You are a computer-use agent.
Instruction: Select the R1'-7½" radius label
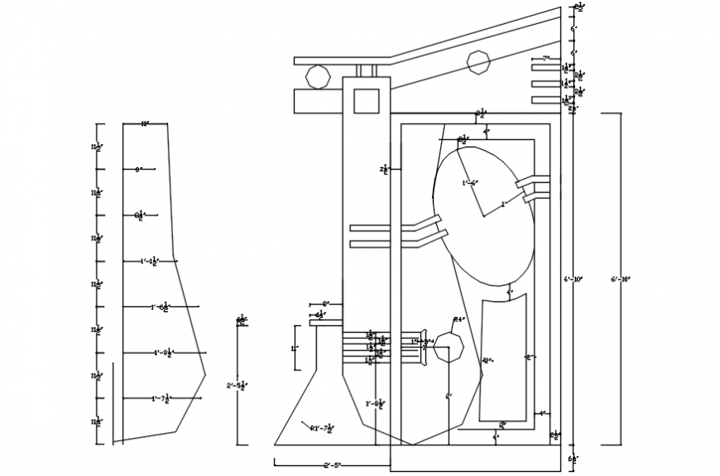pyautogui.click(x=322, y=428)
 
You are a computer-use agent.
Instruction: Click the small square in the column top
pyautogui.click(x=365, y=101)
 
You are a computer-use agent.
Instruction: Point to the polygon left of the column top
pyautogui.click(x=319, y=77)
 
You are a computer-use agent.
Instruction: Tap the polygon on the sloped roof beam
pyautogui.click(x=478, y=62)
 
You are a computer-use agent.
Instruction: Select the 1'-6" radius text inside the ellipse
pyautogui.click(x=470, y=183)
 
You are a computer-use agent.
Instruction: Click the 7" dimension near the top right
pyautogui.click(x=545, y=59)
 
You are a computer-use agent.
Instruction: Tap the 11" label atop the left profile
pyautogui.click(x=145, y=124)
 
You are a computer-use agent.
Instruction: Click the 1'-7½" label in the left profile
pyautogui.click(x=161, y=399)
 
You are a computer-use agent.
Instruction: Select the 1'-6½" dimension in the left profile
pyautogui.click(x=161, y=307)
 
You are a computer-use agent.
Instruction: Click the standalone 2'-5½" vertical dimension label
pyautogui.click(x=238, y=385)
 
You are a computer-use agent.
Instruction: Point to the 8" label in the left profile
pyautogui.click(x=138, y=170)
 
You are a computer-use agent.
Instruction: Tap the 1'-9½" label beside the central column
pyautogui.click(x=375, y=404)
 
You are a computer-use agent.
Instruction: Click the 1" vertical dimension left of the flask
pyautogui.click(x=294, y=349)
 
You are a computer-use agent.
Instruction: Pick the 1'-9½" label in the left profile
pyautogui.click(x=162, y=353)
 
